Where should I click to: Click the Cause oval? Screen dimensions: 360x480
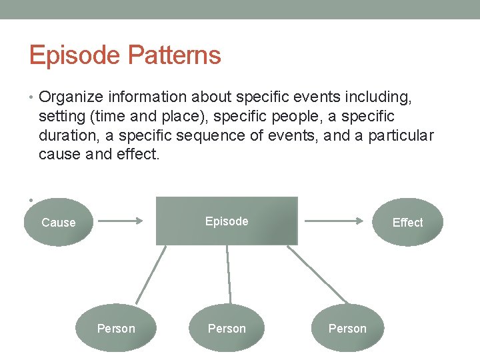[59, 222]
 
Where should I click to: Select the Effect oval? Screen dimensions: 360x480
[407, 222]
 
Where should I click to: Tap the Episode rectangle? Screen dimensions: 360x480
[227, 221]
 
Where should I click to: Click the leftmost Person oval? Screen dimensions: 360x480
[116, 328]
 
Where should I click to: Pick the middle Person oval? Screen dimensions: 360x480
[227, 328]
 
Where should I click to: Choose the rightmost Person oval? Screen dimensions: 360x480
[347, 328]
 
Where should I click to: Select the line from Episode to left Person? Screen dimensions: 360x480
[151, 275]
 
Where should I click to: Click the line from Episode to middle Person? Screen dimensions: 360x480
[229, 275]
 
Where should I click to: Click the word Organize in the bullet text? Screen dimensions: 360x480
[71, 98]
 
